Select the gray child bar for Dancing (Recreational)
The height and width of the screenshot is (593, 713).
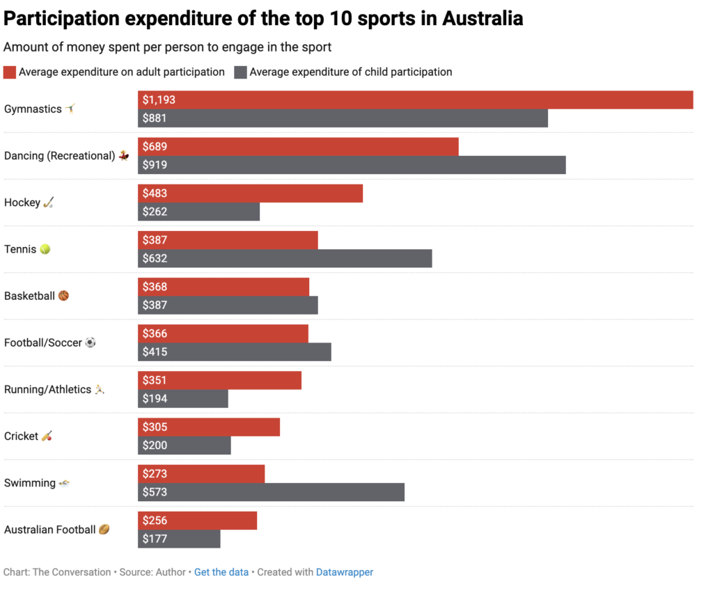pos(352,165)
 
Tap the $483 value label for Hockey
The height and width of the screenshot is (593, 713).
pos(155,193)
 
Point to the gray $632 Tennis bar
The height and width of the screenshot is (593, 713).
pos(285,258)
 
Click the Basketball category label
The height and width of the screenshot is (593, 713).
pos(29,296)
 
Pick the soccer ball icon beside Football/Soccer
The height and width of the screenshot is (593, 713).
pos(90,342)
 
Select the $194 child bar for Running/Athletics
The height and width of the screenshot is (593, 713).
pos(183,399)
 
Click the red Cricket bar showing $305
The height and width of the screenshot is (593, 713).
pos(209,427)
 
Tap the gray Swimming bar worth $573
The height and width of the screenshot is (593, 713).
pos(271,492)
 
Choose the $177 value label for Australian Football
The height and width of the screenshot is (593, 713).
pos(155,539)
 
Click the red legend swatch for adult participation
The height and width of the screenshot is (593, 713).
pos(10,72)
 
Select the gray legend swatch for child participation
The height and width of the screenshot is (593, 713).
pos(240,72)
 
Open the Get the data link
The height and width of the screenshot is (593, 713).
pos(221,572)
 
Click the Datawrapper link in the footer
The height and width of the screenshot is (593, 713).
pos(345,572)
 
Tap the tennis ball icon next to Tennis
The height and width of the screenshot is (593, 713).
pos(45,249)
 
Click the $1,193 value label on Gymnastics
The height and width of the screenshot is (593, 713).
pos(159,100)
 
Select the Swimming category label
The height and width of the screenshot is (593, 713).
pos(30,483)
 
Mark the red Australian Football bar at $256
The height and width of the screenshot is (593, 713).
pos(197,520)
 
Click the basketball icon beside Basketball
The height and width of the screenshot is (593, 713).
pos(63,296)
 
